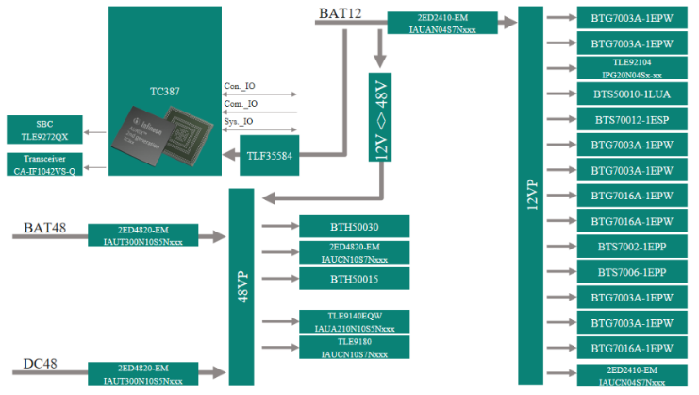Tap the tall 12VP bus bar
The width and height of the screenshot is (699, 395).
(530, 195)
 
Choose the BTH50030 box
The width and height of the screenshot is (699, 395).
(354, 226)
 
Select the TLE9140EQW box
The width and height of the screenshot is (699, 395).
(354, 320)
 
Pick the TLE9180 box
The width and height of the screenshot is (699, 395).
(354, 347)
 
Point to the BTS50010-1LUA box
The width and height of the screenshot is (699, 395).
(631, 94)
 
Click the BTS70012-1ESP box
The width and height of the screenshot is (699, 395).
(631, 120)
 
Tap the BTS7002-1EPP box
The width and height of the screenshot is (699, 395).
(631, 248)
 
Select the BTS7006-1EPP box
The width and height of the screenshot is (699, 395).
(631, 273)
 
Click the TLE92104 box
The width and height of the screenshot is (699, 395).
(631, 68)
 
